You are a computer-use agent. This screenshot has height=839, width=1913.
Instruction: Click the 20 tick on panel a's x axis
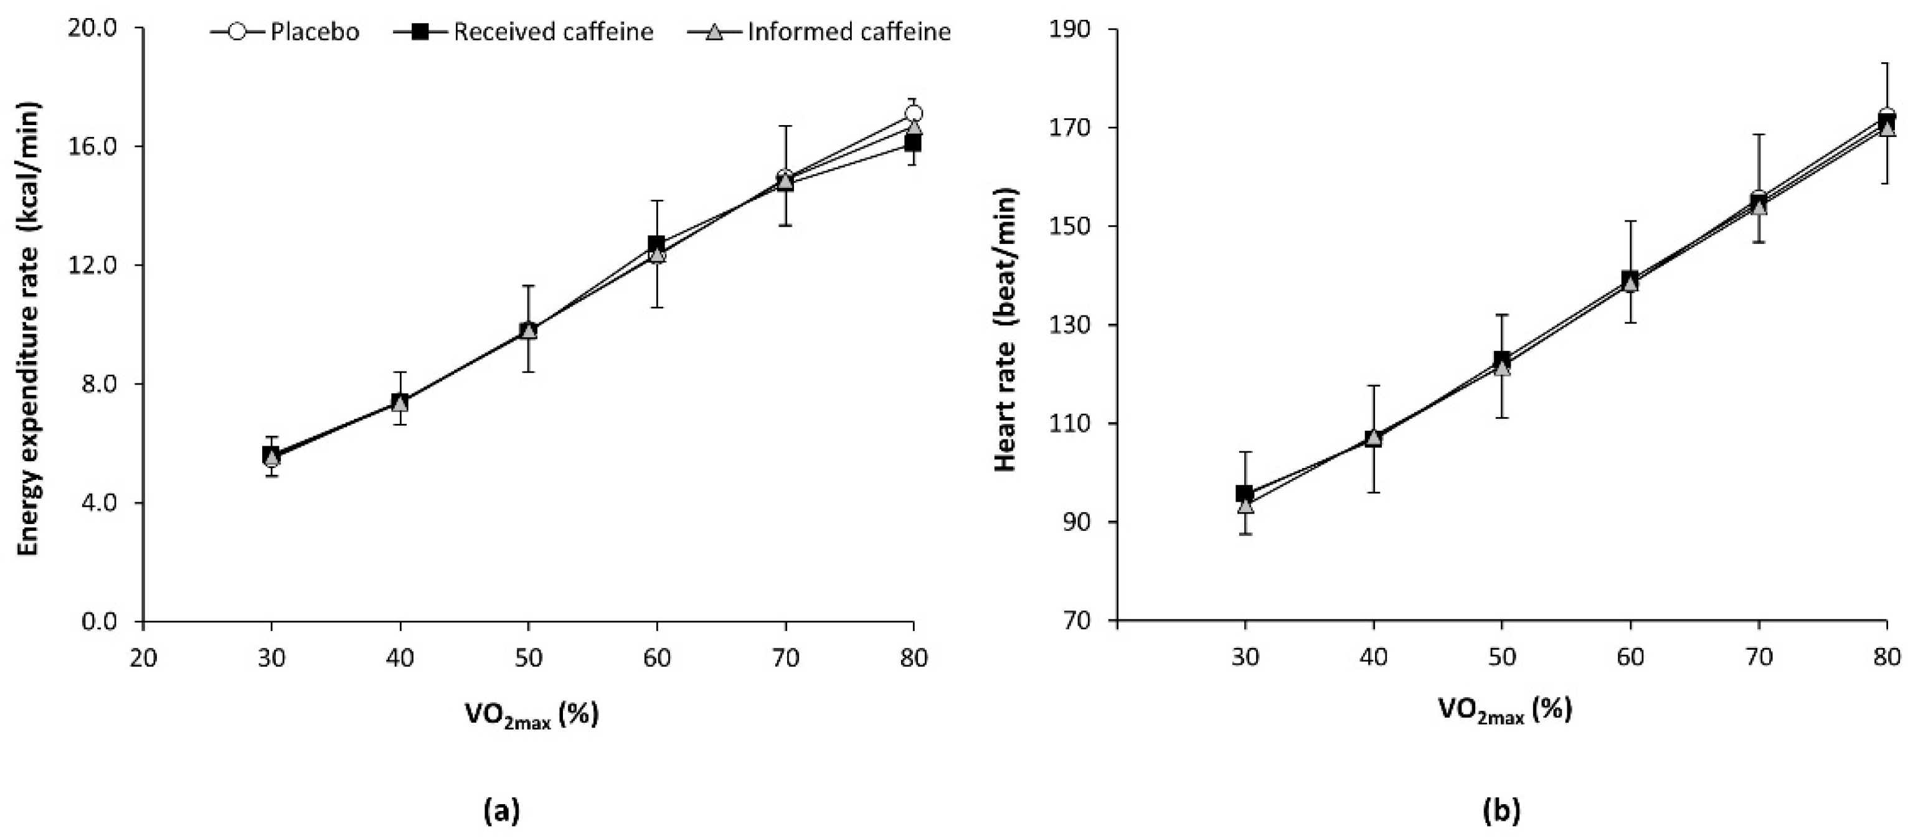click(143, 658)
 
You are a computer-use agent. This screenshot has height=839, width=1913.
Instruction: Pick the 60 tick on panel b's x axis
click(1631, 658)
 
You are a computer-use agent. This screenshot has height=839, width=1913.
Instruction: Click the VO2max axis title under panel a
click(531, 715)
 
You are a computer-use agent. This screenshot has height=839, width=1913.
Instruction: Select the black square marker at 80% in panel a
click(913, 143)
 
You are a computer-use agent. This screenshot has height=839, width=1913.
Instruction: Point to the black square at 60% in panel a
click(656, 243)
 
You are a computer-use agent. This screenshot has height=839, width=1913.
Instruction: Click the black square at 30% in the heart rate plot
click(1245, 493)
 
